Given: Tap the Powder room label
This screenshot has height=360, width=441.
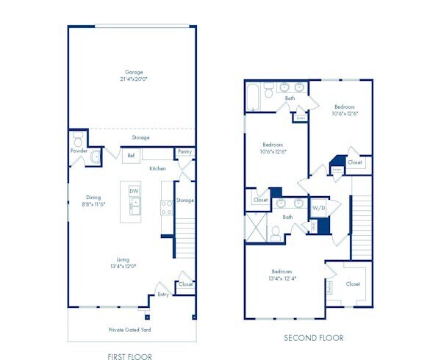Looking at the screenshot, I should click(79, 150).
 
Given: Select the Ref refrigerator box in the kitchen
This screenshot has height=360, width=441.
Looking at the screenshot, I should click(132, 155).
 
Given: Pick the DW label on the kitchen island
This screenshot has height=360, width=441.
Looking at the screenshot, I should click(134, 191).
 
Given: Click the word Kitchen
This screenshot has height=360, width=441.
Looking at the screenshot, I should click(157, 168).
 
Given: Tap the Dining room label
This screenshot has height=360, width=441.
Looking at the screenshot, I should click(93, 197).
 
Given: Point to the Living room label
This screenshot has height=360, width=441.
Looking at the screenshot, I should click(123, 259).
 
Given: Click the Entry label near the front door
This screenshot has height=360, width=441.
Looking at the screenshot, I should click(162, 295).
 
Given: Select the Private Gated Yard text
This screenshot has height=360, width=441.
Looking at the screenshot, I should click(131, 330).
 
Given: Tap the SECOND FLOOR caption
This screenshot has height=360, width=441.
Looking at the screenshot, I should click(314, 339).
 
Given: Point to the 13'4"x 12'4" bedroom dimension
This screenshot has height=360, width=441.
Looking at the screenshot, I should click(282, 278).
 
